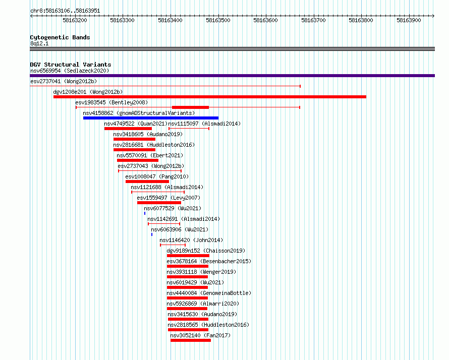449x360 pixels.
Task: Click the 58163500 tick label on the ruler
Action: pyautogui.click(x=218, y=20)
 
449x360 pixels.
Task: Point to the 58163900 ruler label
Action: pyautogui.click(x=409, y=20)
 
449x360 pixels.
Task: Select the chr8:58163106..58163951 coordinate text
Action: pyautogui.click(x=65, y=11)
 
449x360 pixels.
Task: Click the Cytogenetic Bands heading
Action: pyautogui.click(x=60, y=37)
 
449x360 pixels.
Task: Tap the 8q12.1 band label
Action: pyautogui.click(x=39, y=43)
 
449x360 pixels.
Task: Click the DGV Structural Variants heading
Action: pyautogui.click(x=71, y=65)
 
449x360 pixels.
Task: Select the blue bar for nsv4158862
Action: pyautogui.click(x=151, y=118)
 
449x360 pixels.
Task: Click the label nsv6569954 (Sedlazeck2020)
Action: pyautogui.click(x=70, y=71)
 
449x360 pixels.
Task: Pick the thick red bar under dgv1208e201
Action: pyautogui.click(x=210, y=97)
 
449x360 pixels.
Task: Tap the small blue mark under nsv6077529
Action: pyautogui.click(x=145, y=213)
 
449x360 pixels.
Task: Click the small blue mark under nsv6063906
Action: pyautogui.click(x=152, y=234)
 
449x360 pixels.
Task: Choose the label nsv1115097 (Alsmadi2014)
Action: pyautogui.click(x=204, y=124)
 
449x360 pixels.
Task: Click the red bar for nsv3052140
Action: pyautogui.click(x=191, y=340)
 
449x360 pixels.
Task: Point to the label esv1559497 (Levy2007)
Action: pyautogui.click(x=169, y=198)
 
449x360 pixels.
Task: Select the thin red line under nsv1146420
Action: pyautogui.click(x=173, y=245)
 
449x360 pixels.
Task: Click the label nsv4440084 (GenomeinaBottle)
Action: pyautogui.click(x=209, y=293)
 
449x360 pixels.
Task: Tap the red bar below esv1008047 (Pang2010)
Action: pyautogui.click(x=147, y=182)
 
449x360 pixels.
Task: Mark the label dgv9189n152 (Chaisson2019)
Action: pyautogui.click(x=206, y=251)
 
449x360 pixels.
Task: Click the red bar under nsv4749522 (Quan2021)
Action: pyautogui.click(x=128, y=129)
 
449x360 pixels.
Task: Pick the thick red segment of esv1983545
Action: pyautogui.click(x=190, y=107)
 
